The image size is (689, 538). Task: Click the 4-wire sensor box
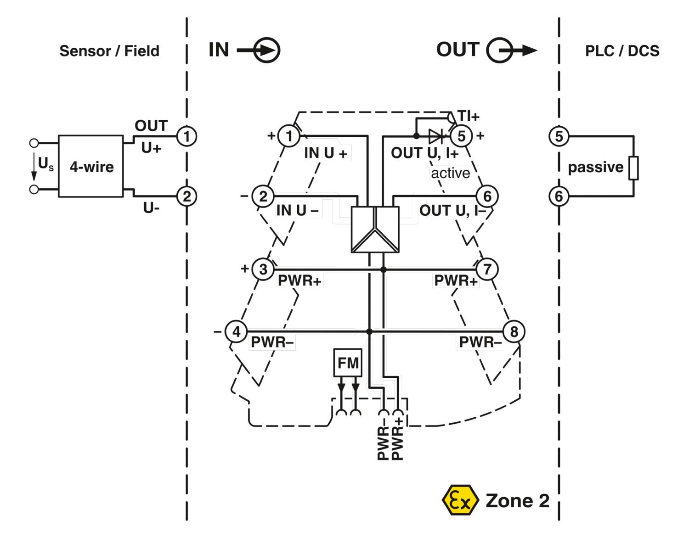point(91,166)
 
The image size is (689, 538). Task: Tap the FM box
point(348,363)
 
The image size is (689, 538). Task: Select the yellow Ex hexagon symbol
point(458,500)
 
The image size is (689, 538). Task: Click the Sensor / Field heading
point(109,50)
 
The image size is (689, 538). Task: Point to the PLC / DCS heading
point(622,50)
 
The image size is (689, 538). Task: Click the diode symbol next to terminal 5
point(435,136)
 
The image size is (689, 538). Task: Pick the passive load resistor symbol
point(633,168)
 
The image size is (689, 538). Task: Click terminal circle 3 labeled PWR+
point(263,269)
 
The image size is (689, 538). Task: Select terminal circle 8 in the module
point(514,331)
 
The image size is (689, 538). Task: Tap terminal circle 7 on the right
point(487,269)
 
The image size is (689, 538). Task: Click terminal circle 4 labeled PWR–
point(236,331)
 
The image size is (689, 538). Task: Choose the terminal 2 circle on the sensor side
point(186,196)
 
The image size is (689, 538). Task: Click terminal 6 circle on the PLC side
point(559,196)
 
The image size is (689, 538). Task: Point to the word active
point(450,173)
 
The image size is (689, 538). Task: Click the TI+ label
point(468,116)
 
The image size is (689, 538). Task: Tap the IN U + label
point(326,153)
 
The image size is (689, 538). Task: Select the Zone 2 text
point(517,500)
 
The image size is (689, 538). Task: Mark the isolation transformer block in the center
point(375,229)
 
